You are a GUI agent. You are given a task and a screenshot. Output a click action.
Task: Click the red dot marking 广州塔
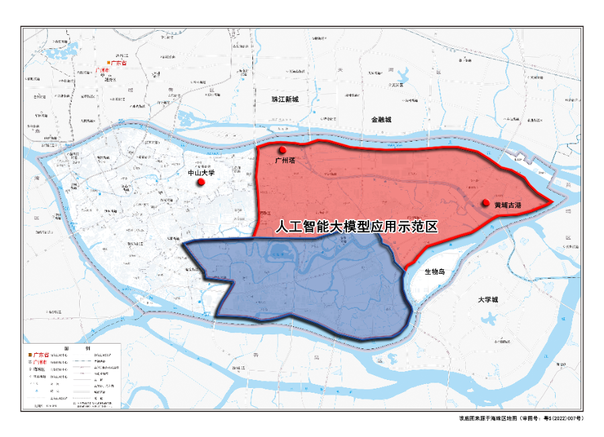click(283, 150)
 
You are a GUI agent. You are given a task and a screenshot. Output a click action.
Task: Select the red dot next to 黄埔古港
click(485, 202)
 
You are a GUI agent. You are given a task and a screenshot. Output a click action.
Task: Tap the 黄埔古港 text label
click(508, 204)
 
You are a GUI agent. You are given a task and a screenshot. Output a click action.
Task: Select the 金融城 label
click(380, 119)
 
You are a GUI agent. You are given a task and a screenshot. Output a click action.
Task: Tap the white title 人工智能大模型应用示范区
click(356, 227)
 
